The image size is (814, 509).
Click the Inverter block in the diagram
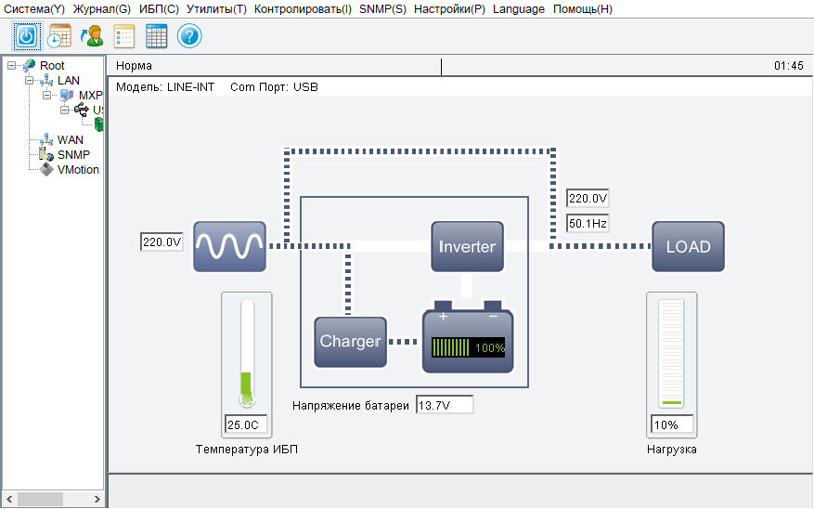pyautogui.click(x=467, y=246)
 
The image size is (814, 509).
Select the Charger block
pyautogui.click(x=350, y=341)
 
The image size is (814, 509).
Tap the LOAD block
pyautogui.click(x=688, y=246)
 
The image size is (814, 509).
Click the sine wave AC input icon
pyautogui.click(x=229, y=246)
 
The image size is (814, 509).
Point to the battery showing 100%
pyautogui.click(x=468, y=341)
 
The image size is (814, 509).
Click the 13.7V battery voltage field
pyautogui.click(x=445, y=405)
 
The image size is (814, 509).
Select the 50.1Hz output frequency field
pyautogui.click(x=588, y=224)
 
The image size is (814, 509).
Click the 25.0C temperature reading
pyautogui.click(x=247, y=425)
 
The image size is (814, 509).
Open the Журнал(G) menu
pyautogui.click(x=101, y=9)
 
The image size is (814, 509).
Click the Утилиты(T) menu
pyautogui.click(x=216, y=9)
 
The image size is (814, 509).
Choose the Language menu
pyautogui.click(x=519, y=9)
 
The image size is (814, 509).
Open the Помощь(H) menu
pyautogui.click(x=582, y=9)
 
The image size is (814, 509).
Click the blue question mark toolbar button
pyautogui.click(x=189, y=36)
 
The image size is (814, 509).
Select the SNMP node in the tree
pyautogui.click(x=73, y=155)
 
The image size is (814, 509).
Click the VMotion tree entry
pyautogui.click(x=78, y=170)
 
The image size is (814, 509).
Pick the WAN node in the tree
pyautogui.click(x=71, y=140)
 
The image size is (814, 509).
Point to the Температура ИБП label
pyautogui.click(x=247, y=450)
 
